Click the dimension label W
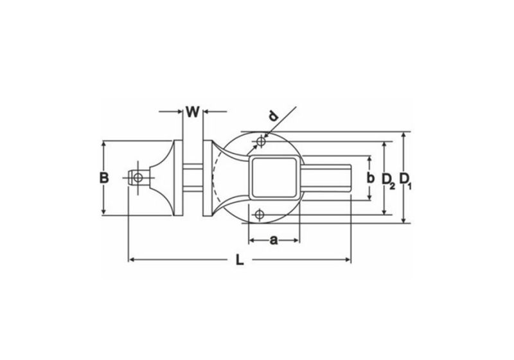193,111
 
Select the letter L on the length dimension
238,260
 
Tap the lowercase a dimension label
273,240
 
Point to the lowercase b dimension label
370,177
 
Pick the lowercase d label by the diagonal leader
273,116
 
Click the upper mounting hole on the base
260,141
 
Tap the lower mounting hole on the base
260,214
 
